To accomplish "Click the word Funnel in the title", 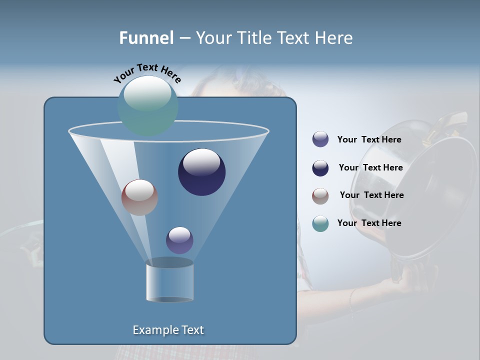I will click(x=146, y=38).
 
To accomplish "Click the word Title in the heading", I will click(x=254, y=38).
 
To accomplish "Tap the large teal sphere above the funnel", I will click(x=148, y=105).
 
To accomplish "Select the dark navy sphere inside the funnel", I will click(x=201, y=172).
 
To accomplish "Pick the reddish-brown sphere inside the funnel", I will click(x=139, y=197).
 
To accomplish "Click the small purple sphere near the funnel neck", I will click(x=179, y=240).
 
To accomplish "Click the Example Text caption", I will click(x=168, y=330).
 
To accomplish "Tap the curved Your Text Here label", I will click(x=147, y=73).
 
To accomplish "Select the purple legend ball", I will click(x=320, y=139).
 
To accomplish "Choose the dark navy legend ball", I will click(x=320, y=168).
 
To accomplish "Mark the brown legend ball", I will click(x=320, y=195).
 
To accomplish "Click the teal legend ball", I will click(x=320, y=223).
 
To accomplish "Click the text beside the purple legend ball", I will click(x=369, y=140).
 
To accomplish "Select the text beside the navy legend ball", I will click(x=370, y=168).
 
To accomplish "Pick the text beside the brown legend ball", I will click(x=371, y=195).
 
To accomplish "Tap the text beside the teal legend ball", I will click(x=369, y=223).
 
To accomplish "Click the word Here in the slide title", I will click(x=334, y=38).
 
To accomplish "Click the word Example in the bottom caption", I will click(x=153, y=330).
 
